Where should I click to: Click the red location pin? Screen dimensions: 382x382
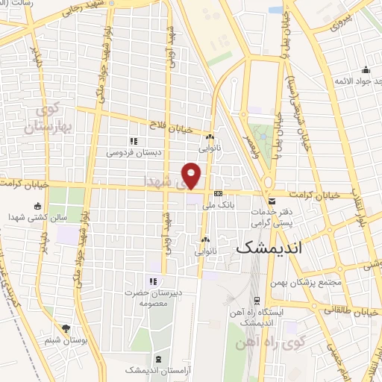[x=192, y=175]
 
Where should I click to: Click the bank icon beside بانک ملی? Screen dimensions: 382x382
[x=217, y=193]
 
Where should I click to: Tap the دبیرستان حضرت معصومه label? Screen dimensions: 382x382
[x=154, y=298]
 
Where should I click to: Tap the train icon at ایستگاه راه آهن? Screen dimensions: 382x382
[x=257, y=301]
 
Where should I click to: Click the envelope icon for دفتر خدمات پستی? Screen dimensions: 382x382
[x=272, y=201]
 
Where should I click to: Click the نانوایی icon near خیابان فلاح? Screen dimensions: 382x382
[x=210, y=137]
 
